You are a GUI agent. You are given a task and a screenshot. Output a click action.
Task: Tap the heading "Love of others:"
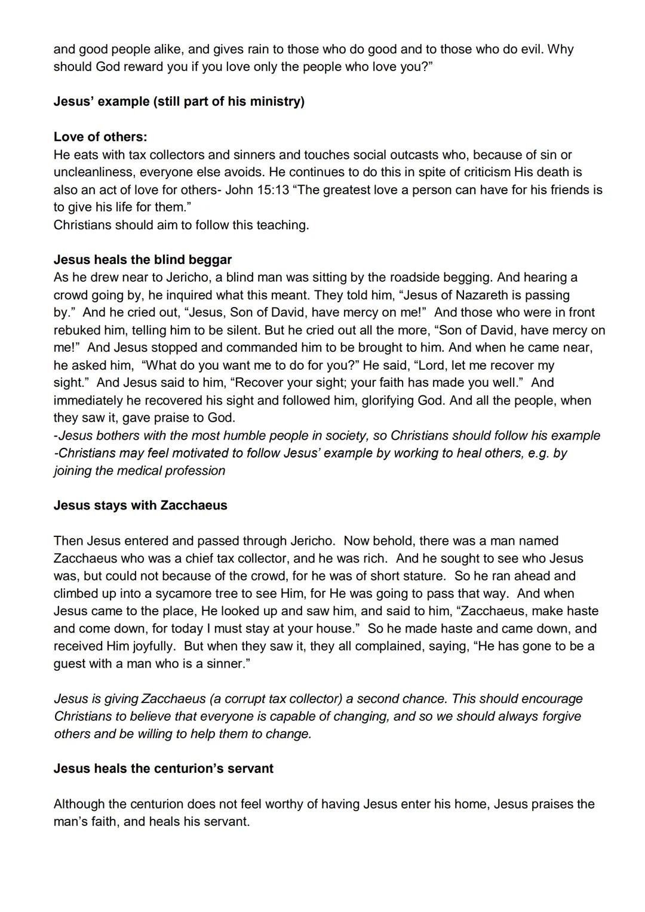(100, 137)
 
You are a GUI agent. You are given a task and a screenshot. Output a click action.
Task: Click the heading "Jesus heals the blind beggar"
(143, 260)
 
